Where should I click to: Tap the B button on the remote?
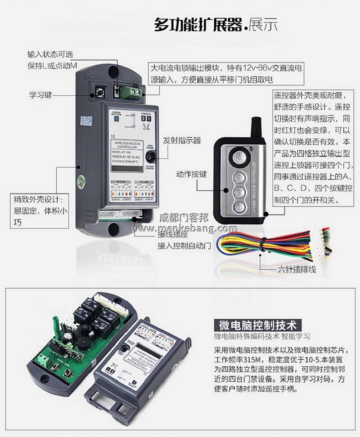click(239, 177)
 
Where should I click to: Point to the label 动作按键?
click(191, 174)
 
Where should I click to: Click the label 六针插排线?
click(295, 270)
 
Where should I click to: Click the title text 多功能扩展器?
click(198, 24)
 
